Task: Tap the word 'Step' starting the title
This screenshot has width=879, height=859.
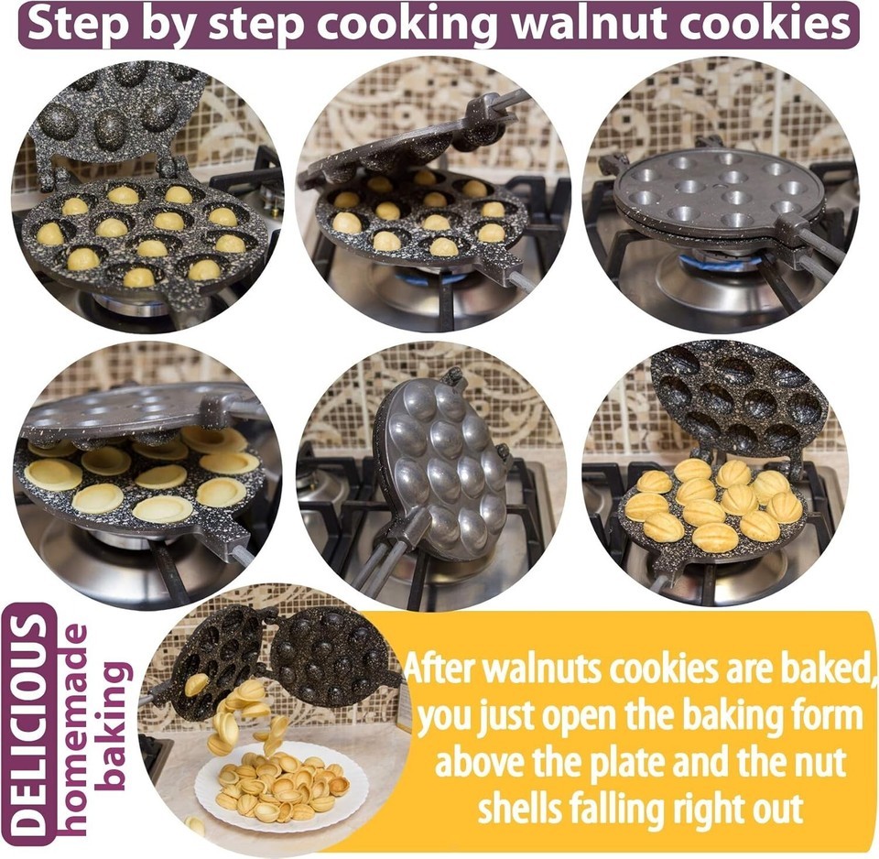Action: click(x=73, y=26)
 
